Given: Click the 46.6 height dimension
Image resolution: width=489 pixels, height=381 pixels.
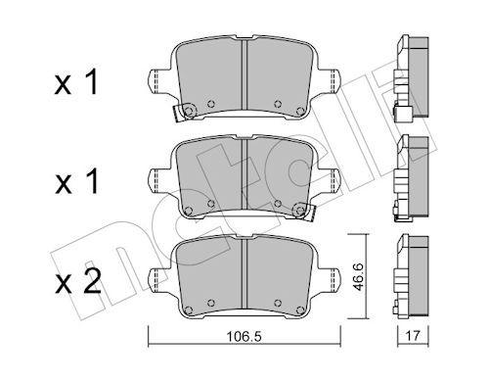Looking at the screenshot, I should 361,275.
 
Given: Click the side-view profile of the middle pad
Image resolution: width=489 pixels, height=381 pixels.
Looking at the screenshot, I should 412,177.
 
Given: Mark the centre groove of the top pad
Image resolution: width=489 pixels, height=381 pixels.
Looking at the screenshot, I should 244,78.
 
